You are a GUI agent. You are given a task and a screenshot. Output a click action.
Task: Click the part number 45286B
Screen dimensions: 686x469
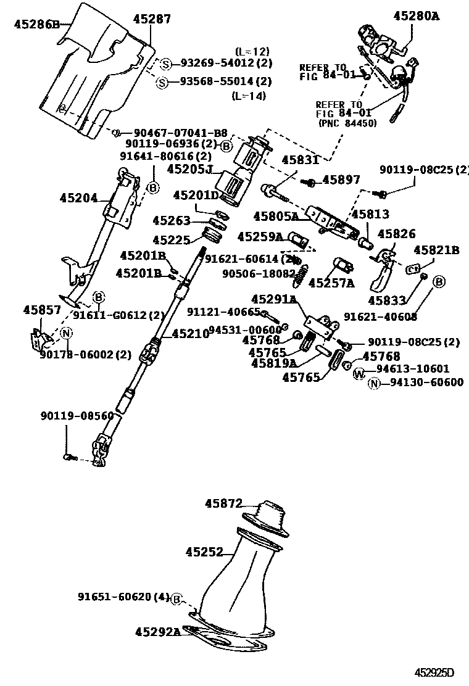[36, 25]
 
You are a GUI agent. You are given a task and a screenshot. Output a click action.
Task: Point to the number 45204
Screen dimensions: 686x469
[78, 198]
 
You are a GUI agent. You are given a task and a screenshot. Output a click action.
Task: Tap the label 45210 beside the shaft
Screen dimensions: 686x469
[190, 333]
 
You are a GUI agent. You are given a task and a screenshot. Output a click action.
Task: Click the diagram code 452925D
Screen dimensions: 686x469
[434, 672]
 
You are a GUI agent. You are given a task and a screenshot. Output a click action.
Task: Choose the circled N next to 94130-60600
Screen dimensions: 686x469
[375, 383]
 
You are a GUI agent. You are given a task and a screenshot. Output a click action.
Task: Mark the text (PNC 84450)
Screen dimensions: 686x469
[347, 123]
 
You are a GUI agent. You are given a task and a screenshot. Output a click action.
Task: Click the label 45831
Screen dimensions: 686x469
[300, 160]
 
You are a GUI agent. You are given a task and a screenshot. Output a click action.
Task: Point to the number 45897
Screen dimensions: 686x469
[341, 180]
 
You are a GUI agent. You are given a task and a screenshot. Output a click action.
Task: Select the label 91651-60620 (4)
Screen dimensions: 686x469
[123, 597]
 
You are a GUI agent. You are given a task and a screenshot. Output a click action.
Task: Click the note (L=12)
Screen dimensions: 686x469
[252, 51]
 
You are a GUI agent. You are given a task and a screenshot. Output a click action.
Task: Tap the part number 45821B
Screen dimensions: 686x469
[436, 250]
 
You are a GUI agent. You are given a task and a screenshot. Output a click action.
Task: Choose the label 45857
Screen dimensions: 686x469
[42, 310]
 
